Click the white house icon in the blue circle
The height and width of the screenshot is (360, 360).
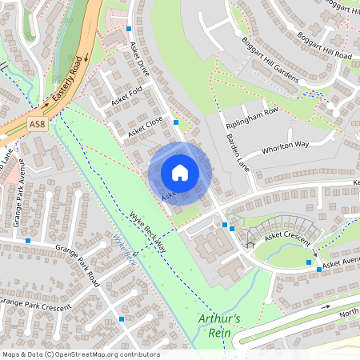click(180, 173)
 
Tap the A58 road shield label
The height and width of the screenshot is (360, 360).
click(37, 124)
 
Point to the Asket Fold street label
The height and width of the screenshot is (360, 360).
click(126, 97)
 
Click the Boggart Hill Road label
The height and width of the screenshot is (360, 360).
click(325, 45)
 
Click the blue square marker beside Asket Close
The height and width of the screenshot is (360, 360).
click(176, 122)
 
